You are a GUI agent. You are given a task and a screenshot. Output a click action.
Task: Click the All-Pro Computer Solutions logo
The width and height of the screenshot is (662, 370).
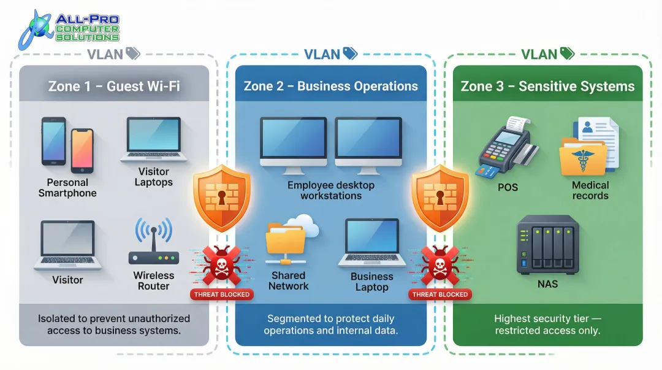[x=69, y=29]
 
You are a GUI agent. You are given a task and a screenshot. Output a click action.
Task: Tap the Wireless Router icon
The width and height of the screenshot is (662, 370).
[x=153, y=242]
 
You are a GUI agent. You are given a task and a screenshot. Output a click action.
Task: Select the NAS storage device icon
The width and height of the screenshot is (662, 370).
[x=547, y=244]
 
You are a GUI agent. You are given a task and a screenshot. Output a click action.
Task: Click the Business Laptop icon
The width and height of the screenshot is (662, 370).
[x=371, y=243]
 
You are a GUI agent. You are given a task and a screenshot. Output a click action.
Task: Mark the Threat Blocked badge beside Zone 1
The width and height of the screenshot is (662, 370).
[x=222, y=295]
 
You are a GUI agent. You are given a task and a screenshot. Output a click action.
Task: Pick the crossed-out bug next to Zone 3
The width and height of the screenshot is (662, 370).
[x=439, y=266]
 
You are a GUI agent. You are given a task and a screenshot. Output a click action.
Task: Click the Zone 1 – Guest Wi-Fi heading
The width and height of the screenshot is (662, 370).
[x=114, y=86]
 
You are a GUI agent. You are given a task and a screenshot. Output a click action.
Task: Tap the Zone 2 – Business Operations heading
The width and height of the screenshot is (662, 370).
[x=330, y=86]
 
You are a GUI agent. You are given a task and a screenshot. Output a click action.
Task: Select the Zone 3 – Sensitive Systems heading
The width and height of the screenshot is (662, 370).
[x=547, y=86]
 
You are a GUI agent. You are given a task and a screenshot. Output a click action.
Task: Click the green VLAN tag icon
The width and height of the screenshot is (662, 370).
[x=567, y=54]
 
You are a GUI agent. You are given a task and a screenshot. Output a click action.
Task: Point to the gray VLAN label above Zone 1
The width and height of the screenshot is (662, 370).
[x=105, y=54]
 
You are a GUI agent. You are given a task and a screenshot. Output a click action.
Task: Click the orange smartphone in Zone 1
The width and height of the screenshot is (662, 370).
[x=82, y=150]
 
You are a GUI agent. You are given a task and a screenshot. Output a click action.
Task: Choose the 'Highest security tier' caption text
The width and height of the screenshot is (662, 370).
[x=547, y=319]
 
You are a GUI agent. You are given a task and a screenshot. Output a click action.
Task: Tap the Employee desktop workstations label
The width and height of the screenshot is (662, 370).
[x=330, y=190]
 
